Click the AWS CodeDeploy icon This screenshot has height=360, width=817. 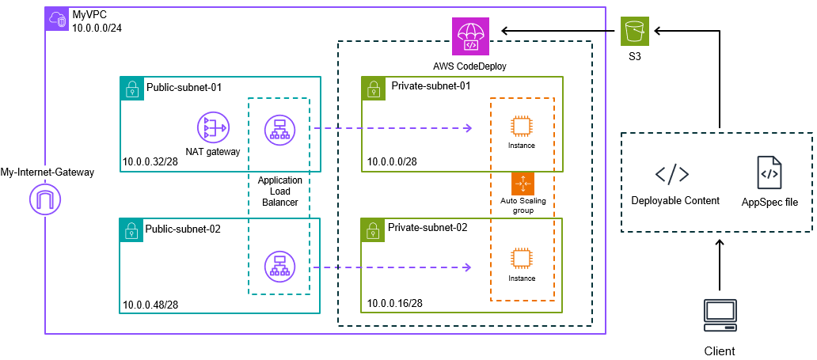pyautogui.click(x=470, y=35)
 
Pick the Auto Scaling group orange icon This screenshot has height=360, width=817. pyautogui.click(x=522, y=183)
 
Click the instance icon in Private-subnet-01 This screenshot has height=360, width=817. pyautogui.click(x=521, y=127)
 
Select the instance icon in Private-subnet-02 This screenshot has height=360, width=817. pyautogui.click(x=521, y=260)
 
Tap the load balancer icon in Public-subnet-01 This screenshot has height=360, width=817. pyautogui.click(x=278, y=128)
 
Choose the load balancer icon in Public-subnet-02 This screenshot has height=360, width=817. pyautogui.click(x=278, y=266)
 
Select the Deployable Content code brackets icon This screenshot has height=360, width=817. pyautogui.click(x=672, y=174)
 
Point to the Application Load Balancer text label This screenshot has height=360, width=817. pyautogui.click(x=279, y=191)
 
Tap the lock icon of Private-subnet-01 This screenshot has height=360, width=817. pyautogui.click(x=372, y=87)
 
